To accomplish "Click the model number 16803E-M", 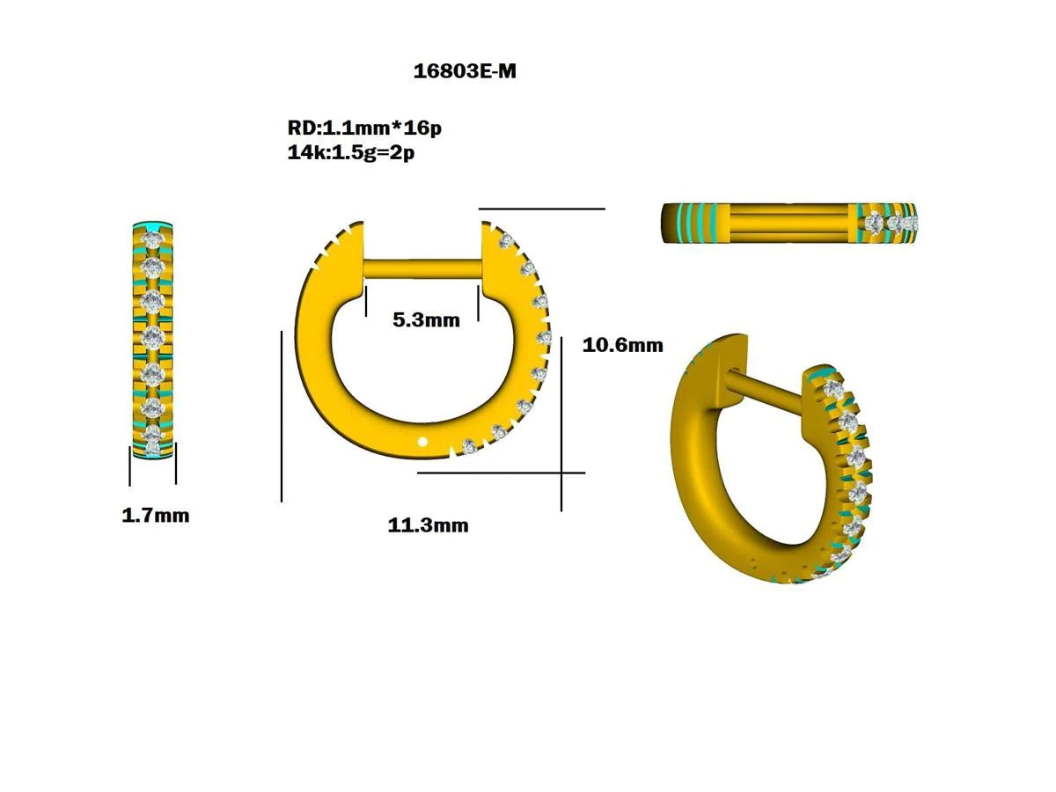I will (x=465, y=72).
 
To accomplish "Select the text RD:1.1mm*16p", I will (x=364, y=128).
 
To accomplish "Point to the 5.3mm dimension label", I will (x=426, y=320).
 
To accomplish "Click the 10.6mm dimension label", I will (x=623, y=345).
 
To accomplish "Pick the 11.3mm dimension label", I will (x=428, y=526).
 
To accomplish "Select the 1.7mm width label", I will (x=155, y=516).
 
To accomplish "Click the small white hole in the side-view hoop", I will (x=423, y=442).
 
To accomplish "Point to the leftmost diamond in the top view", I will (x=875, y=223).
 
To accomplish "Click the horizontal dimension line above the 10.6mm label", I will (x=541, y=209).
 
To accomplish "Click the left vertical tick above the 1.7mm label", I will (x=130, y=464).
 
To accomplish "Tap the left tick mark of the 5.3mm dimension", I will (x=364, y=299).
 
